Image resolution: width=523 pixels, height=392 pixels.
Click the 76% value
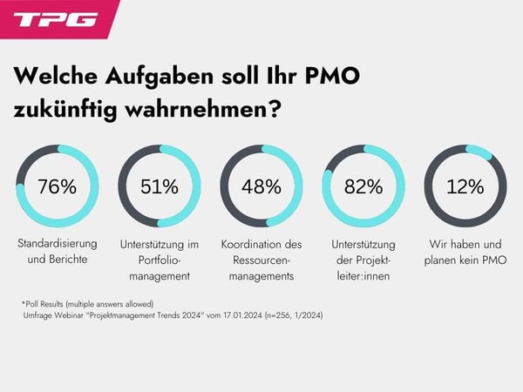click(x=58, y=186)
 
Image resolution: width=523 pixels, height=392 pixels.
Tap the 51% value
click(x=160, y=186)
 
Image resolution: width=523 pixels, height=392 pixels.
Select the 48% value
click(x=261, y=186)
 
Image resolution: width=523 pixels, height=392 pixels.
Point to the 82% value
click(x=363, y=186)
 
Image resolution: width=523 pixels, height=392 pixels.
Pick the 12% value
click(x=465, y=186)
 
